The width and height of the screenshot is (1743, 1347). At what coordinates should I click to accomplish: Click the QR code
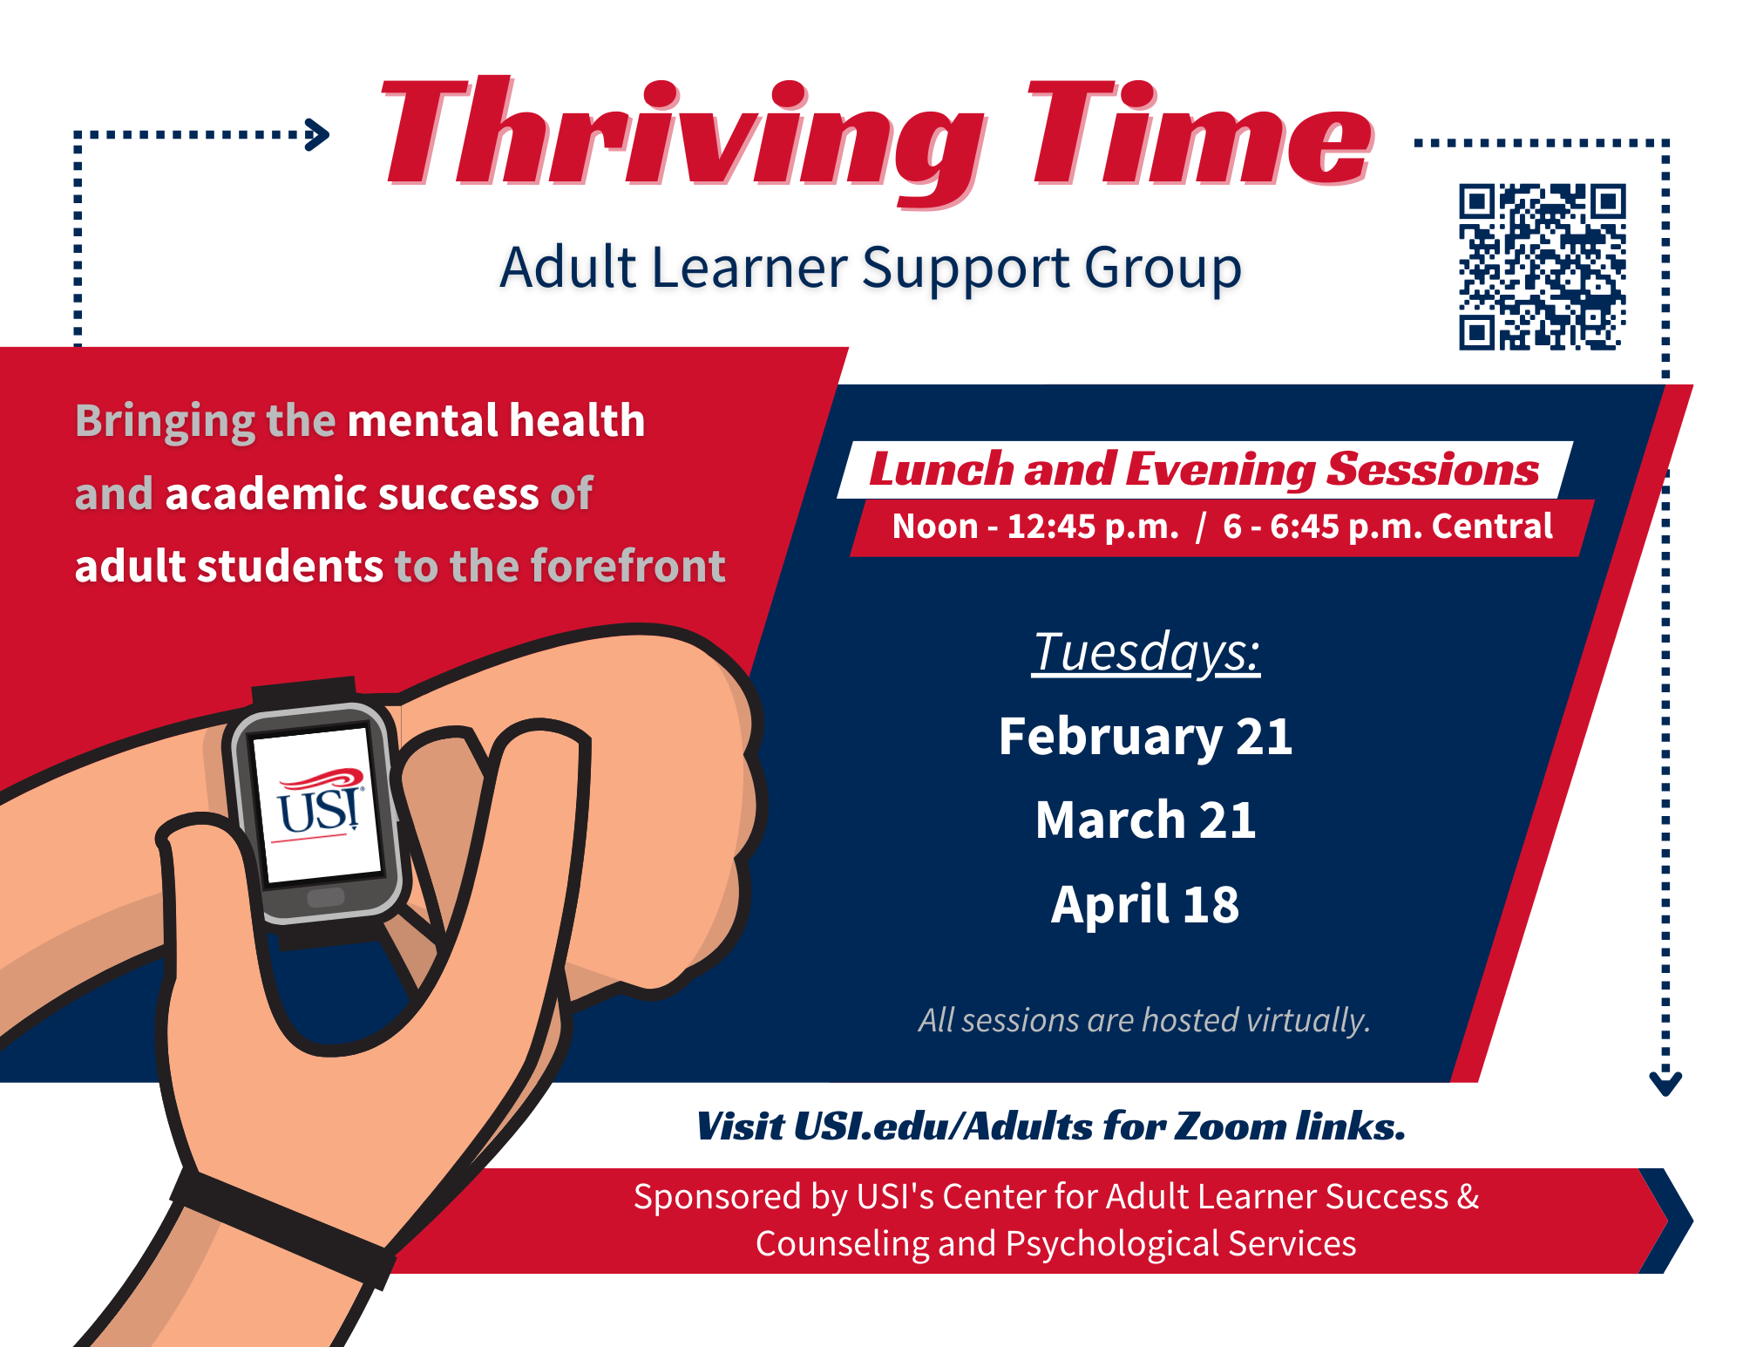1543,267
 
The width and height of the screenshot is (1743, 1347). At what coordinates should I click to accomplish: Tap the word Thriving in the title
683,139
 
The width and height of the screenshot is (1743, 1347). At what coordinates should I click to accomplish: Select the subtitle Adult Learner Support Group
871,269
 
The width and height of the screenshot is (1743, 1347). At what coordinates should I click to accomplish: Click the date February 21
1145,737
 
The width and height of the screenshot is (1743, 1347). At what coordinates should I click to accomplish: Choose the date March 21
1145,820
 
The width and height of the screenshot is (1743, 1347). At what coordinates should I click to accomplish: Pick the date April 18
1145,904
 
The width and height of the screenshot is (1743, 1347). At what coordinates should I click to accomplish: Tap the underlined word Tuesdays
1146,652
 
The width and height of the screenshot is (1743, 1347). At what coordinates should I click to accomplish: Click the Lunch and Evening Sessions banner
1204,470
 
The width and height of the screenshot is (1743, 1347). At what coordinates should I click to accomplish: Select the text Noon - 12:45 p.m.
1035,527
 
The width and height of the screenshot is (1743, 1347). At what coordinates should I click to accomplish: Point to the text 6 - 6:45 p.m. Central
1387,527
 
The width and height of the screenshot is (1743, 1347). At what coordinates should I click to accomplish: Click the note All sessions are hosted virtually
1144,1020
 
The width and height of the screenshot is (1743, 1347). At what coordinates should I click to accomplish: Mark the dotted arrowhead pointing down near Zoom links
1665,1083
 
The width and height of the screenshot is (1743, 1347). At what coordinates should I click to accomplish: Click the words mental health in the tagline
496,421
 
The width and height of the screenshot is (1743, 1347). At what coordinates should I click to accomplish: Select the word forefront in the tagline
628,566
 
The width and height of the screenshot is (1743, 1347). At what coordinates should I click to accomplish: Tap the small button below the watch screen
326,897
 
